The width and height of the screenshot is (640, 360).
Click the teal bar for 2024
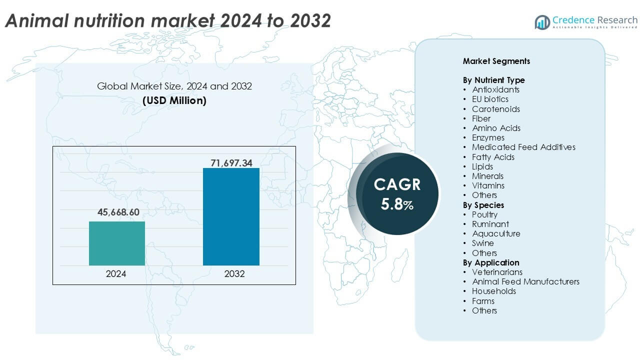point(117,243)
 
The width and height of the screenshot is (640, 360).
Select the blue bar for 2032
point(231,216)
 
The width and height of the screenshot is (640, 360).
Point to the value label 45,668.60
point(118,212)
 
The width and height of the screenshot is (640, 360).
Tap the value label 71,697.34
point(231,162)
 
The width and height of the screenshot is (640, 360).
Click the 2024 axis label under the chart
point(116,274)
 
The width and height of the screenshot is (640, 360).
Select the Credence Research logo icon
point(542,22)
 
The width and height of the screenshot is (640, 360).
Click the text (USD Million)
point(174,100)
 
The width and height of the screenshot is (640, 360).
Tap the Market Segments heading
point(496,61)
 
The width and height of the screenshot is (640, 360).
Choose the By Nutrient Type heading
point(493,80)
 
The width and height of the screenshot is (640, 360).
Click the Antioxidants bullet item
point(495,89)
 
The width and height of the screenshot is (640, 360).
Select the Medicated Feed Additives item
point(523,147)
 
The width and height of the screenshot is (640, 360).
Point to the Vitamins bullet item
point(488,185)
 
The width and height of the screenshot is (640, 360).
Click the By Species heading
point(483,205)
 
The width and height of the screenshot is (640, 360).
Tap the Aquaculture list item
point(496,233)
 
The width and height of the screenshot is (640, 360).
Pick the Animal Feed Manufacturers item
point(525,281)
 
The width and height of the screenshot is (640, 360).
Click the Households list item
point(493,291)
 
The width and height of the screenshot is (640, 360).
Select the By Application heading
point(491,262)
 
